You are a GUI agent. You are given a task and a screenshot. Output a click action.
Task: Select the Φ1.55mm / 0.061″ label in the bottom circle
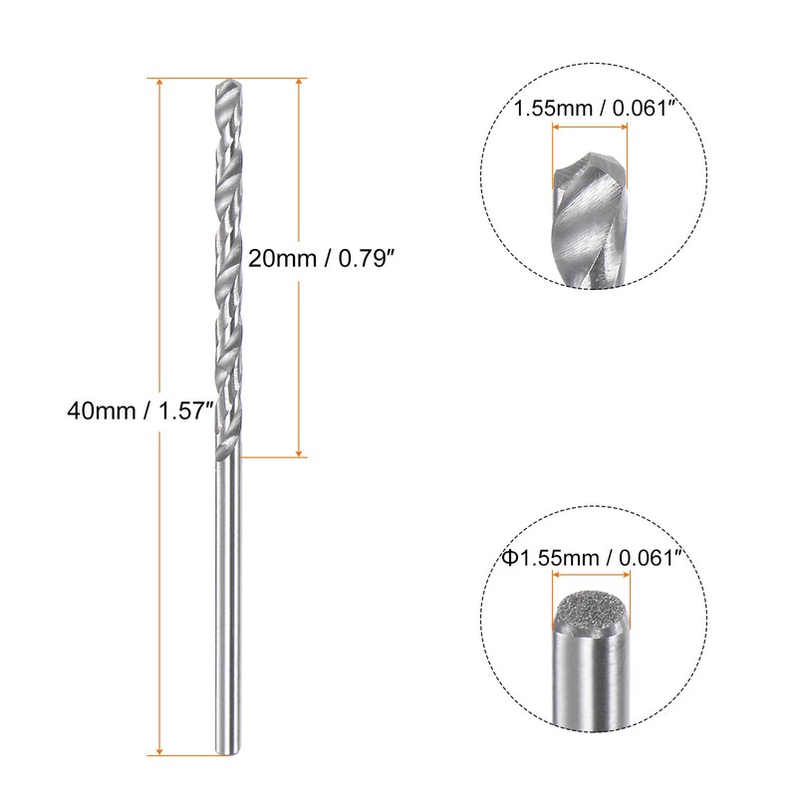pyautogui.click(x=589, y=561)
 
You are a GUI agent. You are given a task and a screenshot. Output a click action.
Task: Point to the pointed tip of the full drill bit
pyautogui.click(x=225, y=82)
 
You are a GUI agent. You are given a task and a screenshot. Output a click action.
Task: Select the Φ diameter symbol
pyautogui.click(x=508, y=561)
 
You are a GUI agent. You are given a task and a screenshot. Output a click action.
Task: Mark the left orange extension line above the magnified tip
pyautogui.click(x=551, y=154)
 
